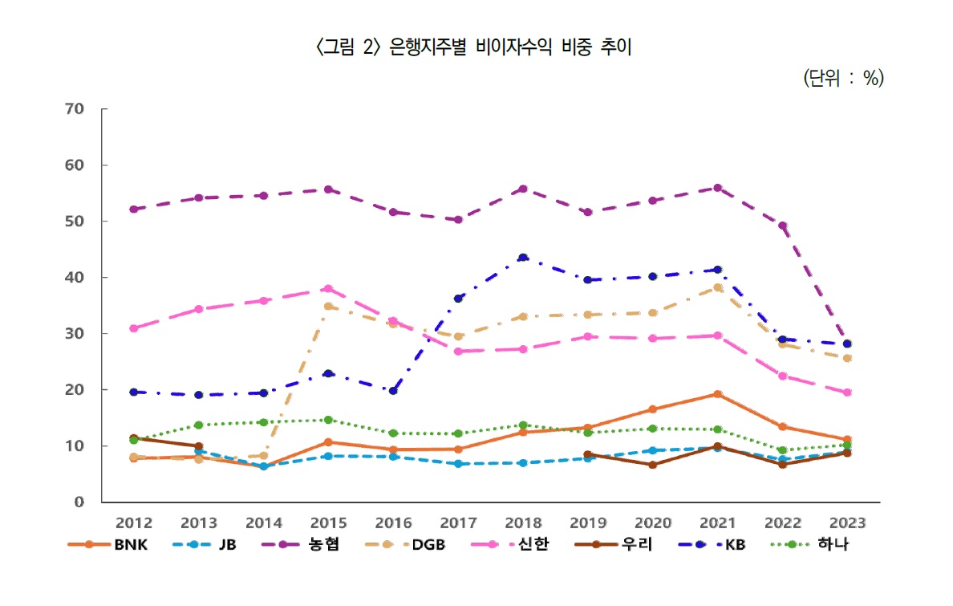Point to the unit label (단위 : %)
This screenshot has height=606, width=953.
842,78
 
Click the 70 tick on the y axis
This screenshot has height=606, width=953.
75,109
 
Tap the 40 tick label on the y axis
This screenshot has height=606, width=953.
75,278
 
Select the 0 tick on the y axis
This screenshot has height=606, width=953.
79,502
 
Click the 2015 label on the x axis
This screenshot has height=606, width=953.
328,523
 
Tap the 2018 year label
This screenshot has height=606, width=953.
523,523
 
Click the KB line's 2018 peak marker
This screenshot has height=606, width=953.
523,258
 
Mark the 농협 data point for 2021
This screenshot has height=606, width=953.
717,188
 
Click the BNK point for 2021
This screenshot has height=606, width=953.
717,394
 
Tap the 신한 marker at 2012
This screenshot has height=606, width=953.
134,328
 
